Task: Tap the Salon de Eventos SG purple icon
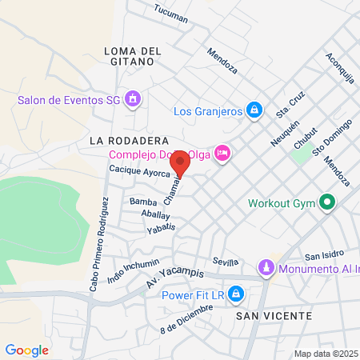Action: [133, 100]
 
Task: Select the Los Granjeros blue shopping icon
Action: [254, 110]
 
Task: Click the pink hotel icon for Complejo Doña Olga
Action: [222, 153]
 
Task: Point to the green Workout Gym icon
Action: [326, 202]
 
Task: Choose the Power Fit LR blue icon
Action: [235, 295]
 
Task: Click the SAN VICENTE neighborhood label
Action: [274, 317]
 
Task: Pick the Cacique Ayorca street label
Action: [139, 172]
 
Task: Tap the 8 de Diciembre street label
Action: [186, 318]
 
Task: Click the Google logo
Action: [26, 350]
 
